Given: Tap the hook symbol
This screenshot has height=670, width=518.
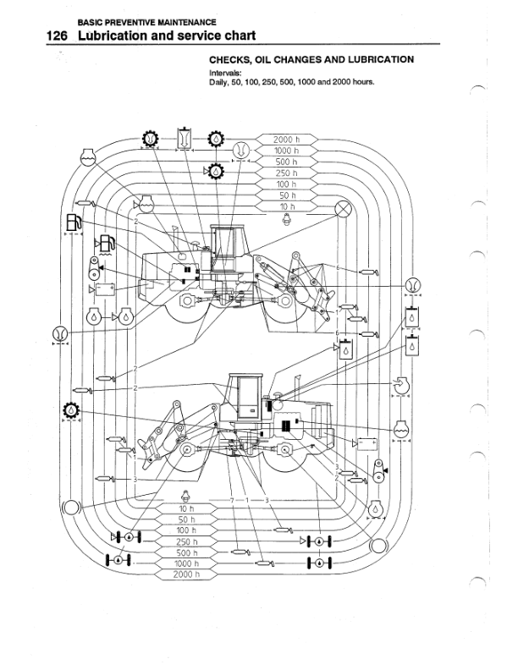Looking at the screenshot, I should [400, 385].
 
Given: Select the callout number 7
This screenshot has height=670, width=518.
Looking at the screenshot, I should [231, 502].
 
